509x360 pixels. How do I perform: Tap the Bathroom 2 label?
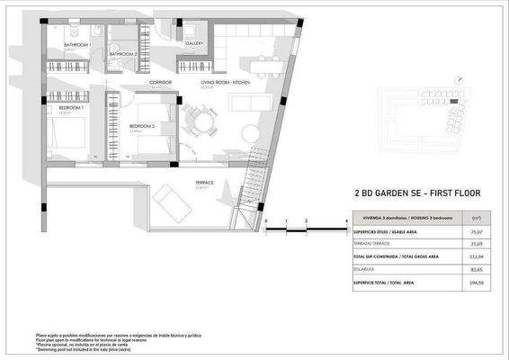123,54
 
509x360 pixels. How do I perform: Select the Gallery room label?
194,42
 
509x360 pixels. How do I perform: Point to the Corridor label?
161,83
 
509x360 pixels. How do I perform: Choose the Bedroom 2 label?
143,125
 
